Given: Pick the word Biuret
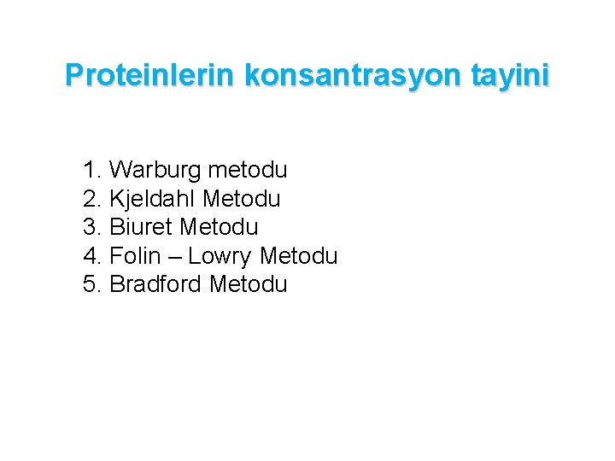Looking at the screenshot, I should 141,227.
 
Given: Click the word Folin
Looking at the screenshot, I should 134,255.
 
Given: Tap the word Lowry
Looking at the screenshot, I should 220,256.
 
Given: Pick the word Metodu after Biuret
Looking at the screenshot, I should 219,227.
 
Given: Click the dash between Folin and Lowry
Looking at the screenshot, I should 173,256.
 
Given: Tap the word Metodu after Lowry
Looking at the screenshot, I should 299,255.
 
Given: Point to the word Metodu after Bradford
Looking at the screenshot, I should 249,284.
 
